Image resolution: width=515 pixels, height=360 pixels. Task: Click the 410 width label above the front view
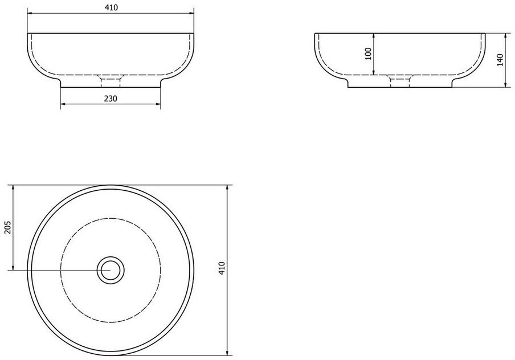point(111,7)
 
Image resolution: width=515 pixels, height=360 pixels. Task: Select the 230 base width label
point(111,98)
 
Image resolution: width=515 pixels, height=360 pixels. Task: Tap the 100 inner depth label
point(368,54)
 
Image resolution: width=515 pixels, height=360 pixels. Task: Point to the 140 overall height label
point(500,60)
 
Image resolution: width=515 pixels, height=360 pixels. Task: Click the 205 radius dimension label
point(7,227)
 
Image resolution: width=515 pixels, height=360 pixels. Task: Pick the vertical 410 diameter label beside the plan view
point(222,268)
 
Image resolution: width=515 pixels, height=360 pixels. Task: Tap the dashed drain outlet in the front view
point(111,81)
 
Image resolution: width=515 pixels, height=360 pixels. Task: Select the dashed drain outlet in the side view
point(400,81)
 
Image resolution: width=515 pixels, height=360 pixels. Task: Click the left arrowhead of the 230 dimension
point(63,104)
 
